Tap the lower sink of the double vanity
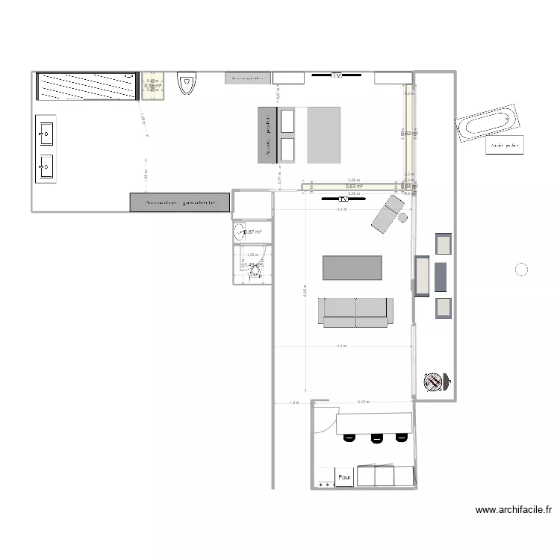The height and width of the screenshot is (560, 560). point(45,167)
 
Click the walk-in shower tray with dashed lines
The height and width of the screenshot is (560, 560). point(87,86)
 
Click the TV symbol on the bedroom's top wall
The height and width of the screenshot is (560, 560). point(336,75)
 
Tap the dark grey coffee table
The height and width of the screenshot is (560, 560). point(352,267)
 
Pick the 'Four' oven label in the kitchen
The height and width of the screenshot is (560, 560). point(344,476)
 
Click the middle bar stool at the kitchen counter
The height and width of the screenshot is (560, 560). point(376,440)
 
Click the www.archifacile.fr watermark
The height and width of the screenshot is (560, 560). point(513,511)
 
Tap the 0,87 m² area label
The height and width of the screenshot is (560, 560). point(252,232)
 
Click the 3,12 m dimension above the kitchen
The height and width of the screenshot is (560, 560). point(362,402)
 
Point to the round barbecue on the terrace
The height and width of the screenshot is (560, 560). point(434,382)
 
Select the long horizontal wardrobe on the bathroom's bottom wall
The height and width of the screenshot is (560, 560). point(179,202)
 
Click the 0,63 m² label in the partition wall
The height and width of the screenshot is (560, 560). point(353,187)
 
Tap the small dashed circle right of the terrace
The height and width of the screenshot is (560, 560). point(521,270)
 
